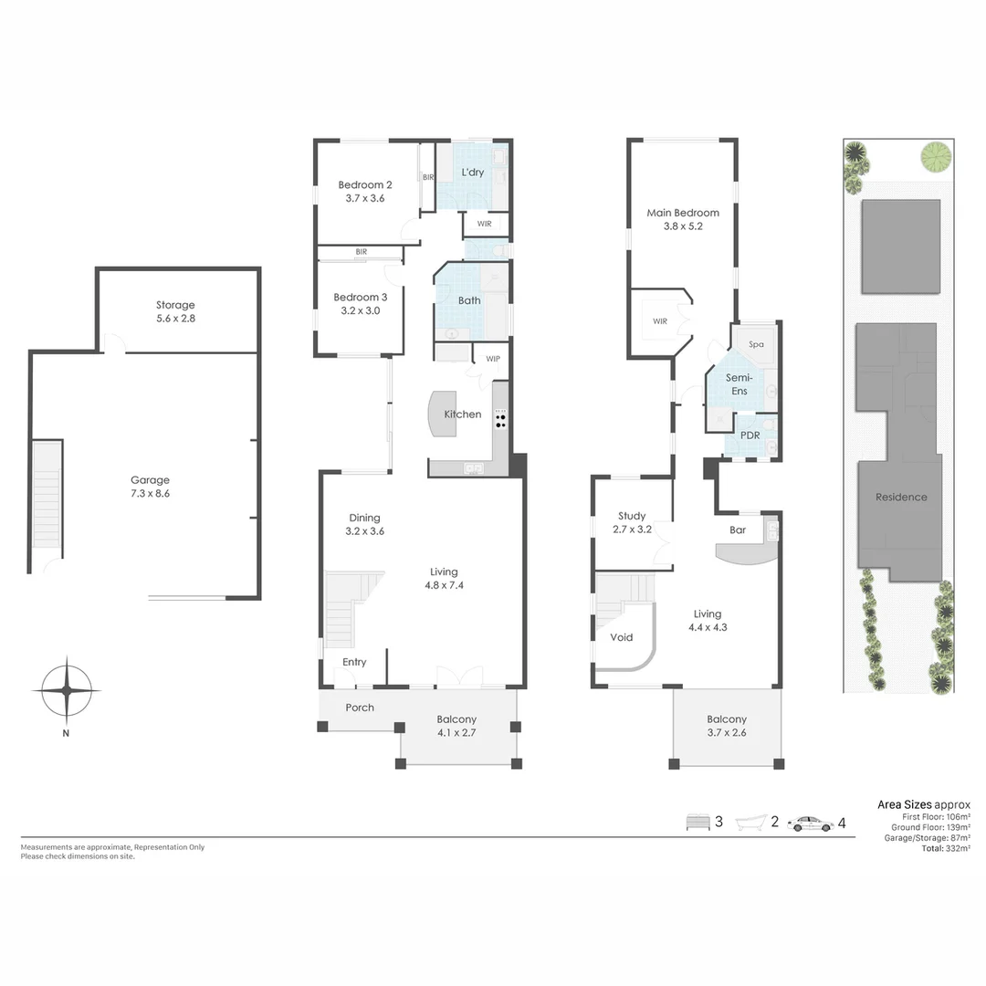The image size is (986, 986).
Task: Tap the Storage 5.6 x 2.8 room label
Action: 174,312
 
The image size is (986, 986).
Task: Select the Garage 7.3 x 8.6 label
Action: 150,487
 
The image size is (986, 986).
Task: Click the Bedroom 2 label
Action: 364,190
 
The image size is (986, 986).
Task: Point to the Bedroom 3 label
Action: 360,304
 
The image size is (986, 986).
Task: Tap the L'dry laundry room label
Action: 472,173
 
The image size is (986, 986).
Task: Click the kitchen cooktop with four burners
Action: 500,420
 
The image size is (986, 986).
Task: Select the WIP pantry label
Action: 493,359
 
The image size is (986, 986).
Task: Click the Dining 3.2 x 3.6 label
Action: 362,524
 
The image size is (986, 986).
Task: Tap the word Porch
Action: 360,708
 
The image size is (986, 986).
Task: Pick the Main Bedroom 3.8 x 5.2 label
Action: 683,219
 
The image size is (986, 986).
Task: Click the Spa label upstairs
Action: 756,344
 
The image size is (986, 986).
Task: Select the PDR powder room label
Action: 750,435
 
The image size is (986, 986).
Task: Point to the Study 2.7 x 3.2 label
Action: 631,522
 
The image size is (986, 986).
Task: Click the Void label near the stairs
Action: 622,637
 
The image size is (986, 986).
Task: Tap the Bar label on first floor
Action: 738,530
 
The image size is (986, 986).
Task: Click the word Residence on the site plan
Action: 901,498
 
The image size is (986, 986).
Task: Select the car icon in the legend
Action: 811,823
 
